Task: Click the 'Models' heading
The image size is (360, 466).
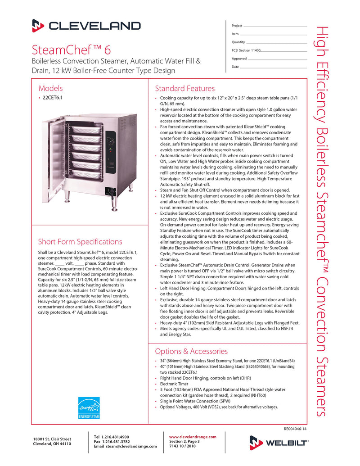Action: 50,88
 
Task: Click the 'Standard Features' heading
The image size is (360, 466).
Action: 184,88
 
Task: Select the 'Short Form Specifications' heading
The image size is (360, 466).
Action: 80,242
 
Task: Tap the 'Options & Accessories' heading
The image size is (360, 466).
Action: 191,351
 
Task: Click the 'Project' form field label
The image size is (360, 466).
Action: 237,26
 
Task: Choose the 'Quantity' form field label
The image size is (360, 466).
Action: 238,42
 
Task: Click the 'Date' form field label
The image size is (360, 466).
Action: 235,67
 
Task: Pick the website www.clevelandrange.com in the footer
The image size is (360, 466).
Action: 193,437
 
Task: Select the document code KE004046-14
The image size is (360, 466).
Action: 295,429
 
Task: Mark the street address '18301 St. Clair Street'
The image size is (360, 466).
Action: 52,439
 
